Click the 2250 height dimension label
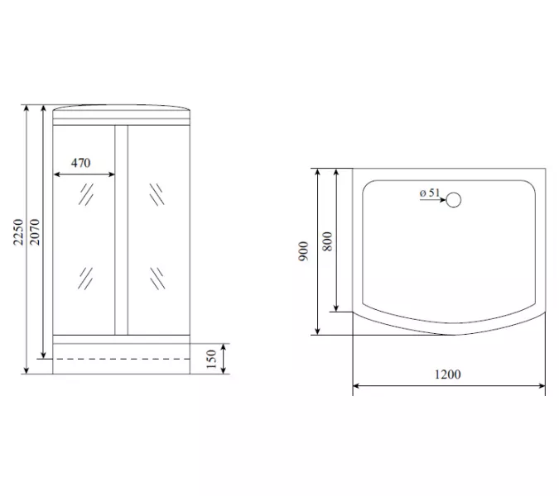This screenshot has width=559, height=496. (18, 232)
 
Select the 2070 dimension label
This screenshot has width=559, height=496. (35, 232)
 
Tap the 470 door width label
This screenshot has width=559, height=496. (81, 163)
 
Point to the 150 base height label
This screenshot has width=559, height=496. (211, 359)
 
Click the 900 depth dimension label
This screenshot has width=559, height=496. (303, 251)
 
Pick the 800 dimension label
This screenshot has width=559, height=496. (327, 241)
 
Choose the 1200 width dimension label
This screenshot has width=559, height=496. (448, 374)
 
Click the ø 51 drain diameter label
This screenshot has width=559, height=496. (430, 193)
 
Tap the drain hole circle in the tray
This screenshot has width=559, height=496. (454, 200)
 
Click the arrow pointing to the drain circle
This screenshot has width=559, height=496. (432, 200)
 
